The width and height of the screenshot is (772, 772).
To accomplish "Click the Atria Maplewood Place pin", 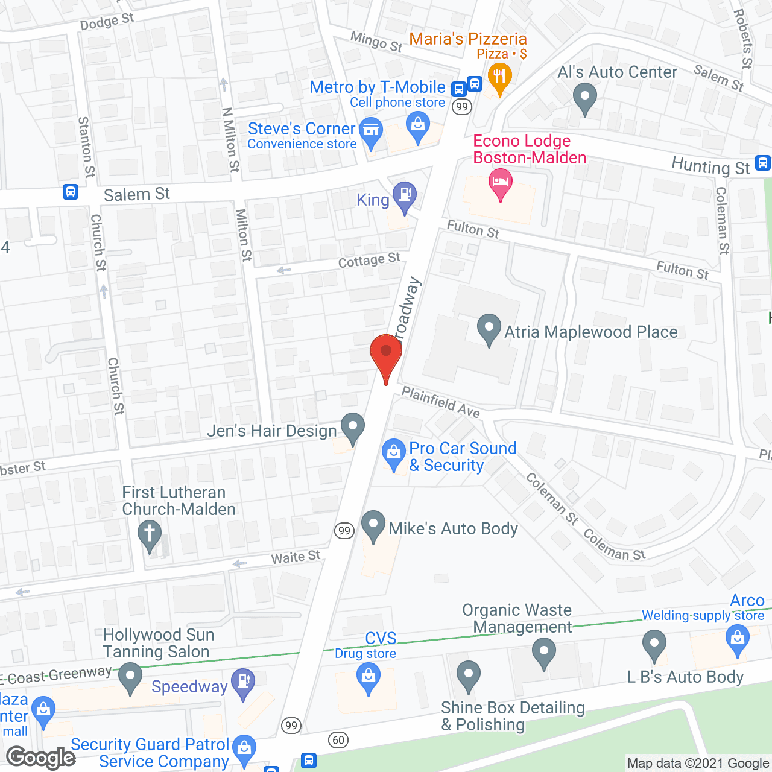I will [489, 329].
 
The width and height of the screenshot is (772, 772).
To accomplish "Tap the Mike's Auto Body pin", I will [373, 524].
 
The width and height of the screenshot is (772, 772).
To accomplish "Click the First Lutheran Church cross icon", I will [150, 535].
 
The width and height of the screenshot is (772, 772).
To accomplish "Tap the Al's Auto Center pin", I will [584, 96].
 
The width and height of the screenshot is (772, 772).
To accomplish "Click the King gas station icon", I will [405, 195].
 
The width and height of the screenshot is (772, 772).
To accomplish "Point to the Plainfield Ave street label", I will [441, 402].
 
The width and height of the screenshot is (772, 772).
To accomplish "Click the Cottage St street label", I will [369, 261].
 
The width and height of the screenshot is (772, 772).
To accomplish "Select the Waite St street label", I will [296, 557].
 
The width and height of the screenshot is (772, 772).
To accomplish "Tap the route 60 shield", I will [338, 739].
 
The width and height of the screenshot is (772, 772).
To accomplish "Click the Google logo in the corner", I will [41, 758].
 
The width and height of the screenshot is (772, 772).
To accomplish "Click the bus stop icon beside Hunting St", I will [763, 163].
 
